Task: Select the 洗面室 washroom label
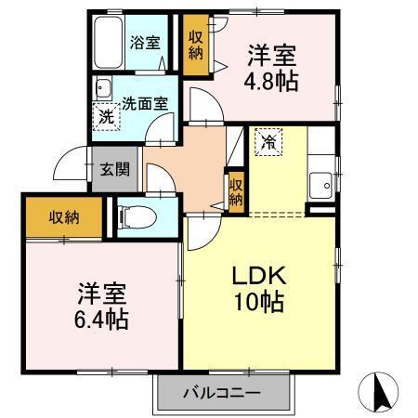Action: point(146,104)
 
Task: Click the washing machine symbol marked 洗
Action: point(107,117)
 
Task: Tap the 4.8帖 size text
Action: point(270,82)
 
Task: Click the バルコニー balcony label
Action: point(221,393)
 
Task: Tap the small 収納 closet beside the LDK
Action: point(237,190)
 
